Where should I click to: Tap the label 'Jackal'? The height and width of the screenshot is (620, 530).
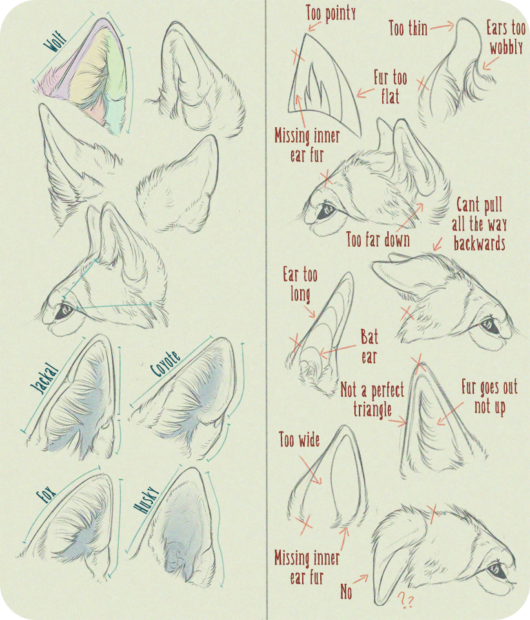point(45,378)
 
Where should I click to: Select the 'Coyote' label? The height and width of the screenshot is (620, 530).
point(166,364)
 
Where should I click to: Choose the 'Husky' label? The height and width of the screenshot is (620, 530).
point(146,500)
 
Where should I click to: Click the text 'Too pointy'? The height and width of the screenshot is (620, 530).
point(331,13)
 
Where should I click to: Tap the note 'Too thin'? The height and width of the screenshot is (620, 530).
point(408,28)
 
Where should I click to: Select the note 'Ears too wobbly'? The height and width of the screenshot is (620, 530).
point(506,38)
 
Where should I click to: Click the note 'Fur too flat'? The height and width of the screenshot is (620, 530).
point(391,87)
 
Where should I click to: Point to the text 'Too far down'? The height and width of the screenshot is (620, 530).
point(378,239)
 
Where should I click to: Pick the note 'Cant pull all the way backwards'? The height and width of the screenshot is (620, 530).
point(479,224)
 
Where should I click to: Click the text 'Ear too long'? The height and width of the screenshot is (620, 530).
point(300,284)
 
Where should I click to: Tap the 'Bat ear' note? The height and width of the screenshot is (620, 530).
point(369,347)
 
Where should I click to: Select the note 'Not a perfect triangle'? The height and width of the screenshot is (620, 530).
point(372,400)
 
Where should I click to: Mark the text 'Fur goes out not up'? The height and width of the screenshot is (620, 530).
point(490,397)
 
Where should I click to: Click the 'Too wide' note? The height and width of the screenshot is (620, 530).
point(299,439)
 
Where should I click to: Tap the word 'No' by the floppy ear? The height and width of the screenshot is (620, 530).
point(346,592)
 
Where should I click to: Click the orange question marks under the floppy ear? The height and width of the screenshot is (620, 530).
point(405,599)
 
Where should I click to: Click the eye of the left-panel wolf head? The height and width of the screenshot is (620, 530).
point(63,311)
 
